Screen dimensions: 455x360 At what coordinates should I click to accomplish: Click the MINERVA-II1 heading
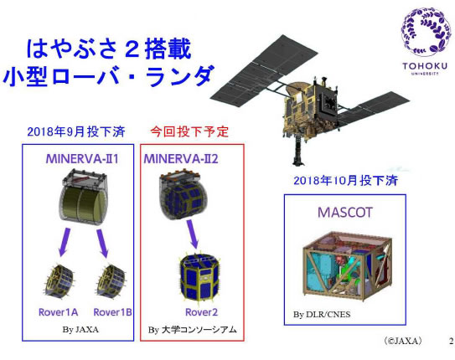(x=82, y=159)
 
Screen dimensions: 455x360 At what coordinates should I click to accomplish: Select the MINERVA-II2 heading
(x=181, y=159)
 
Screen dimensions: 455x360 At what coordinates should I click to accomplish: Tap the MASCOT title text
(x=345, y=213)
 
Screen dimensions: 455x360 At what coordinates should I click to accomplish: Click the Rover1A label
(x=59, y=312)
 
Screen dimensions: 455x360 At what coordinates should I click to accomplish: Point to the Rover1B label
(x=112, y=312)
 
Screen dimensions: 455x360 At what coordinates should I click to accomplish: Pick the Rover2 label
(x=201, y=312)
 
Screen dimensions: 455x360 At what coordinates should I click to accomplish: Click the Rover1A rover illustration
(x=59, y=280)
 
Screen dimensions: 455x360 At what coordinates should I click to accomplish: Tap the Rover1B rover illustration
(x=111, y=280)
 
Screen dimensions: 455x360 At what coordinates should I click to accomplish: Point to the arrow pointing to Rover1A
(x=65, y=242)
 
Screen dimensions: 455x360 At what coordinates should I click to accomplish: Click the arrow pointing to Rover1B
(x=102, y=243)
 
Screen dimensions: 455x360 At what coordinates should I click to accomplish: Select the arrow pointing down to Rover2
(x=193, y=234)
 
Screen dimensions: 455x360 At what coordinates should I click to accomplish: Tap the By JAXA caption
(x=80, y=330)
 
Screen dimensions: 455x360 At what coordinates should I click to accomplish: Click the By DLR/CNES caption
(x=322, y=315)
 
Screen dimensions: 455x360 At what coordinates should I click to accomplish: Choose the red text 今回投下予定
(x=189, y=132)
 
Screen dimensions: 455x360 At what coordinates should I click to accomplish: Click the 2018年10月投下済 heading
(x=345, y=181)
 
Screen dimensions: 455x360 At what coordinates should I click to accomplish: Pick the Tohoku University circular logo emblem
(x=426, y=33)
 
